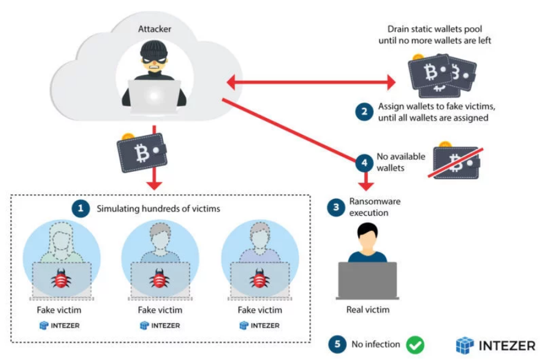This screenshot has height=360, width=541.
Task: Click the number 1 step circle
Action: point(81,208)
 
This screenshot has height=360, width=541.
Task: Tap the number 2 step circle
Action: point(364,112)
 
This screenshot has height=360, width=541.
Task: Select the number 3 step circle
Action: point(336,207)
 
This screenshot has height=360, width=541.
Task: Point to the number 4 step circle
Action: point(364,163)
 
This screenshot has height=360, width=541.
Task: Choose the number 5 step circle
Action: point(337,344)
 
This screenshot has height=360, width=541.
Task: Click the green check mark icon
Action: point(415,344)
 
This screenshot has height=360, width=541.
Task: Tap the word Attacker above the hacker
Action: point(154,29)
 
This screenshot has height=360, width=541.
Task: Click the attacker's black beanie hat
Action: point(154,50)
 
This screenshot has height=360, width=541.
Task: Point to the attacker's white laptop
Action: point(154,96)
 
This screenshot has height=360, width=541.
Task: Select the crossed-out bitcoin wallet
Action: point(456,162)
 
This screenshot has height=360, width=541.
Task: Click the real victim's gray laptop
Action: point(368,280)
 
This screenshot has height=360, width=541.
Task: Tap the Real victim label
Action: point(368,310)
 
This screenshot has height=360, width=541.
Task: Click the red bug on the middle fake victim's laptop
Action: point(159,278)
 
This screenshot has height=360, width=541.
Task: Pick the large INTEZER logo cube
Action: point(465,346)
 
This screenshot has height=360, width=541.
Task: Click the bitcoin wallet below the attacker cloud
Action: point(142,152)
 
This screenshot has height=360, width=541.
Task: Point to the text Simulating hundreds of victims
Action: point(159,209)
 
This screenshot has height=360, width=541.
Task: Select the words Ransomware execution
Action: point(375,207)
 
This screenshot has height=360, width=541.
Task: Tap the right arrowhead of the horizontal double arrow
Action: point(391,83)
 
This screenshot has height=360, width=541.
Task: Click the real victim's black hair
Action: point(367,230)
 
